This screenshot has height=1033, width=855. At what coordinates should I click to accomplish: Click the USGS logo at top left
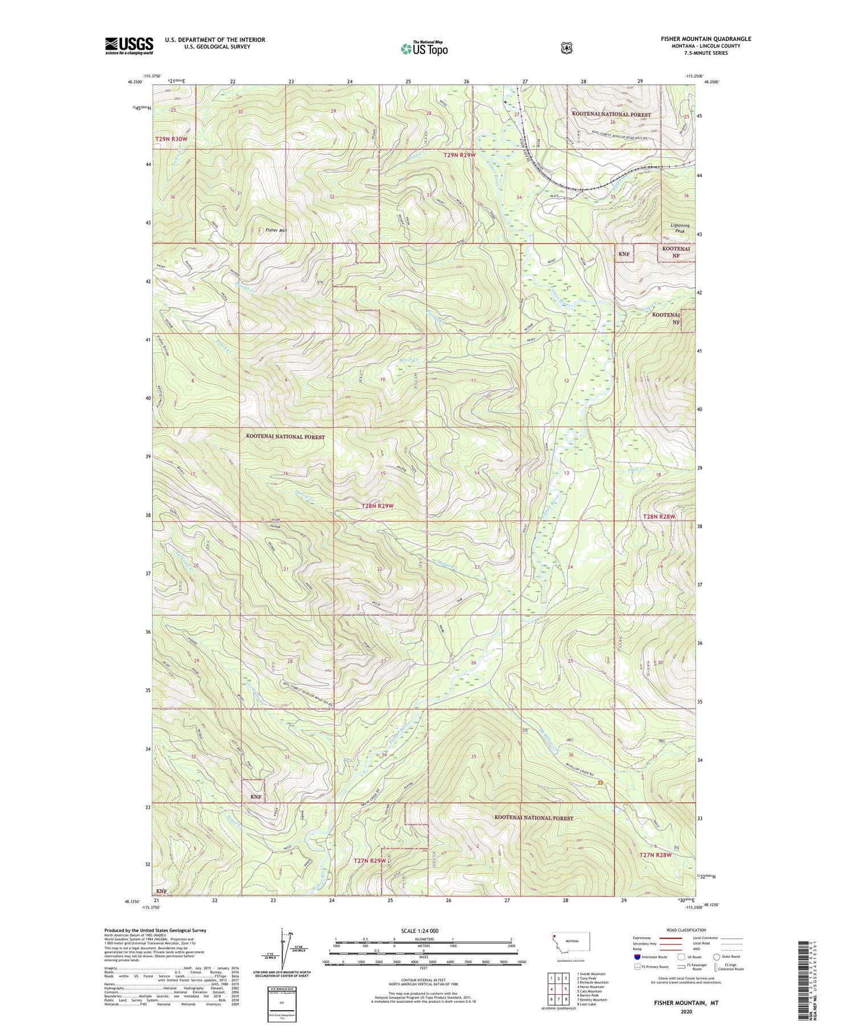tap(129, 46)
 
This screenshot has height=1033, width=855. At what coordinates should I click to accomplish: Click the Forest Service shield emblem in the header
tap(566, 48)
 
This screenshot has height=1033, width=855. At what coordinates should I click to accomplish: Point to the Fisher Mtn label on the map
tap(276, 230)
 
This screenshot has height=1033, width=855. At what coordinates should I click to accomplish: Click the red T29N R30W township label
tap(171, 139)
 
